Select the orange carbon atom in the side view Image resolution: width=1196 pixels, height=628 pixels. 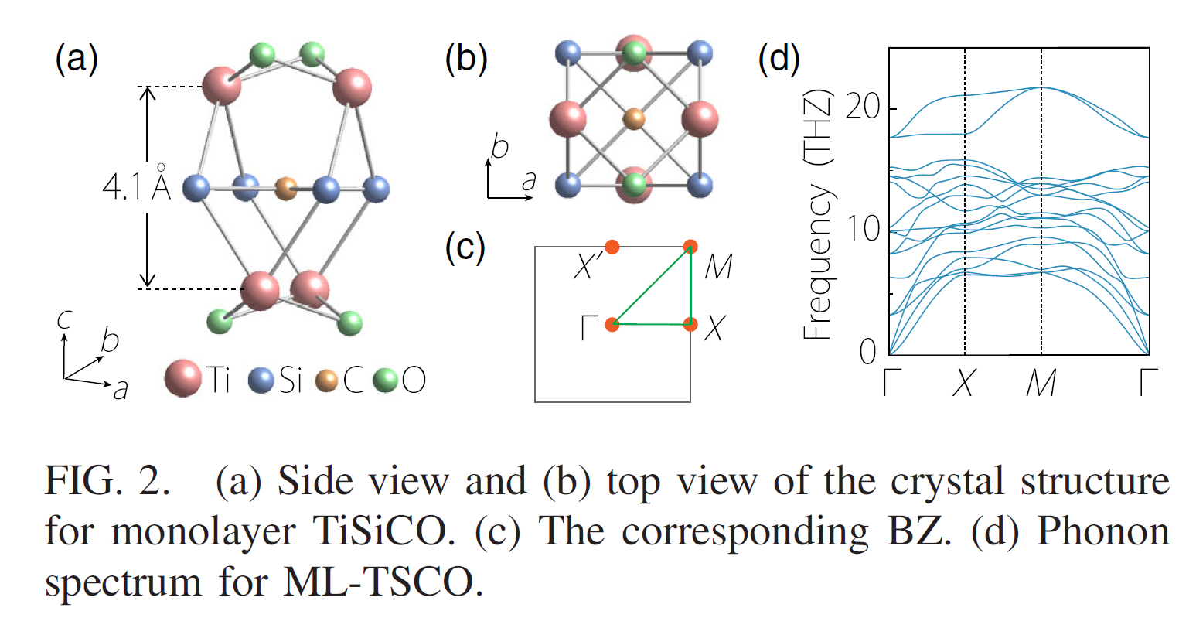point(286,187)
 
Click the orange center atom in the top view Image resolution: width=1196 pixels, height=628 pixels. point(633,119)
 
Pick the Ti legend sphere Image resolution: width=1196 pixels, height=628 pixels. point(182,379)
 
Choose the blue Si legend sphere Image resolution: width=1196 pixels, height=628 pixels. point(263,380)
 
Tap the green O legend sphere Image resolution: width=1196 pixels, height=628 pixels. point(385,380)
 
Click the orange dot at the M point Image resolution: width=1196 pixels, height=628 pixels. point(690,247)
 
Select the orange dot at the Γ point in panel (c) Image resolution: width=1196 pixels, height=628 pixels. point(612,324)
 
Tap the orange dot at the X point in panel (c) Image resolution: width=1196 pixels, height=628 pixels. point(690,324)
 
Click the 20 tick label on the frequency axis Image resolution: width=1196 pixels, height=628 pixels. point(862,107)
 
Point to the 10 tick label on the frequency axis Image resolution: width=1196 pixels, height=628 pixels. point(862,229)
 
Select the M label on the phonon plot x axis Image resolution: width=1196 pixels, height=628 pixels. point(1041,383)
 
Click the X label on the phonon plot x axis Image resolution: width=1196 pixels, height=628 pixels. point(963,383)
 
